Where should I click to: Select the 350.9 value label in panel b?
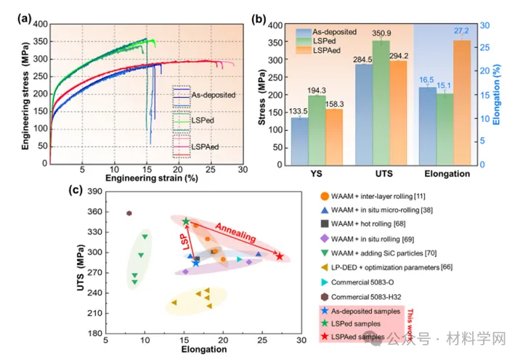click(381, 33)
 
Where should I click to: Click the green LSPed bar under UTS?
click(381, 102)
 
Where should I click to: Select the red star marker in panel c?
click(279, 256)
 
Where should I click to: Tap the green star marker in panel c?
click(186, 221)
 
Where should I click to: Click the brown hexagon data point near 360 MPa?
click(129, 213)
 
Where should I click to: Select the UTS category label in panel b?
click(379, 174)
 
